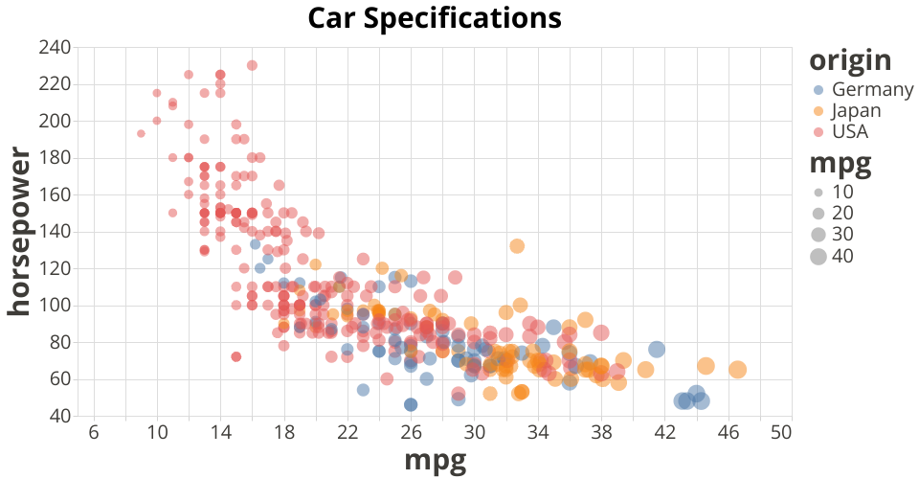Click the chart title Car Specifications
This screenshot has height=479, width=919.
coord(434,17)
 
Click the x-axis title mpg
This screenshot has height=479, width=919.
coord(436,461)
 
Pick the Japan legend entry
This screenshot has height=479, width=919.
coord(855,110)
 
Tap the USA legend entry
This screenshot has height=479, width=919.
coord(850,130)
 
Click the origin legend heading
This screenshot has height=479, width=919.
coord(850,60)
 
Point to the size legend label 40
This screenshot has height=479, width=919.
coord(842,256)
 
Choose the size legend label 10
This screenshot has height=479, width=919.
coord(842,192)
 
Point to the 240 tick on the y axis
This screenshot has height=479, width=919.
coord(55,47)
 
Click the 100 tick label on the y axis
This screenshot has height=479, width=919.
coord(55,306)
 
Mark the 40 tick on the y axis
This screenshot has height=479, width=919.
coord(59,416)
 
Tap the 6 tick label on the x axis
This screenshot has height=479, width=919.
coord(94,433)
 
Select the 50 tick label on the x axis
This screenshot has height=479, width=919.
coord(780,433)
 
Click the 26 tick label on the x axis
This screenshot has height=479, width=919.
coord(411,433)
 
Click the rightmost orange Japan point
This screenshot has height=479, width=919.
coord(737,370)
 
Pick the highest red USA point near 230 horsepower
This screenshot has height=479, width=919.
coord(252,65)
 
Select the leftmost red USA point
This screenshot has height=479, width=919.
coord(141,133)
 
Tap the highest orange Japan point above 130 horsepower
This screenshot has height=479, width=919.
coord(517,246)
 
